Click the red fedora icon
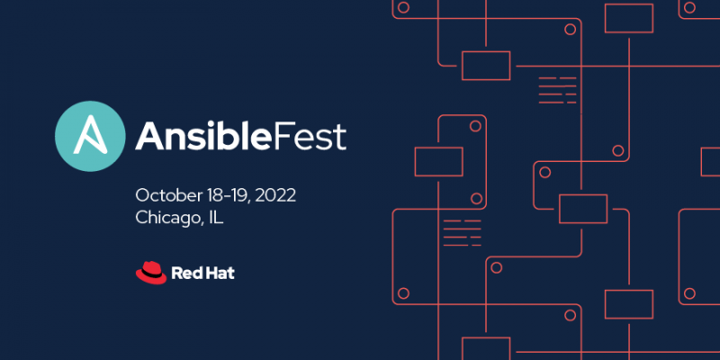[x=151, y=271]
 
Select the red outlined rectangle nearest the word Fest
[x=438, y=161]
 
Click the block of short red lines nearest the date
[x=462, y=232]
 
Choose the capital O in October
[x=142, y=194]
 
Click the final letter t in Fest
[x=339, y=137]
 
